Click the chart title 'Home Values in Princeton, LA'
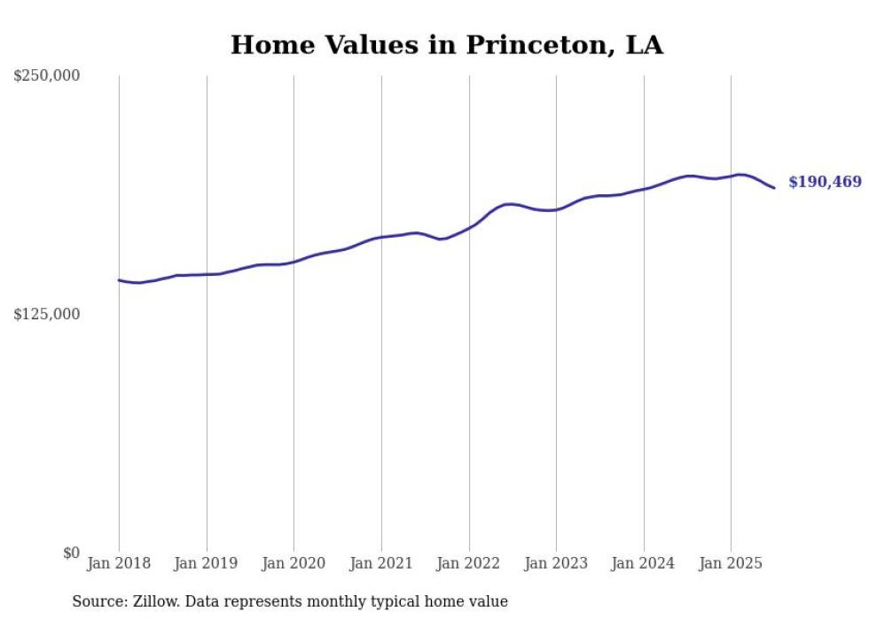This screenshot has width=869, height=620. point(446,45)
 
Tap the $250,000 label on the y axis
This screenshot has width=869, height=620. point(46,76)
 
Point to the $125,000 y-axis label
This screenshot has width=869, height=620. point(46,314)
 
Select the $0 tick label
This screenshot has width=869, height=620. point(71,553)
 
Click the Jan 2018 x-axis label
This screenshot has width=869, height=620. point(119,563)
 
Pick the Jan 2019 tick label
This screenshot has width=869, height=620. point(207,563)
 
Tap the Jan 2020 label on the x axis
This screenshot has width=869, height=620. point(294,563)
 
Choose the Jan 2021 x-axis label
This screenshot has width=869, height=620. point(381,563)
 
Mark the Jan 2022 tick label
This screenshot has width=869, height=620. point(469,563)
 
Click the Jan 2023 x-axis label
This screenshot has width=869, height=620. point(556,563)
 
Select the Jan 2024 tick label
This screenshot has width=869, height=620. point(644,563)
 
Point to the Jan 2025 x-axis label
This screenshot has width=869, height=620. point(731,563)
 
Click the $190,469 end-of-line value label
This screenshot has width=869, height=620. point(825,183)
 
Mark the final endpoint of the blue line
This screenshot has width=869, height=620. point(774,188)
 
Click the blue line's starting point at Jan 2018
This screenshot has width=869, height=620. point(119,280)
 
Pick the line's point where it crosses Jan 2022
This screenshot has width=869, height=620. point(469,229)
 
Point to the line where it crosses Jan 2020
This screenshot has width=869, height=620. point(294,262)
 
